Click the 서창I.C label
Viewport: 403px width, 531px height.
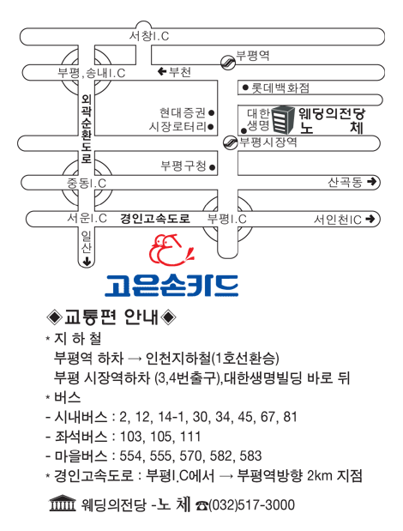(149, 36)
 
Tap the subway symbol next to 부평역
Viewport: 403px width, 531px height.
(228, 63)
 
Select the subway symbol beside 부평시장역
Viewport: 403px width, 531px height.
(231, 142)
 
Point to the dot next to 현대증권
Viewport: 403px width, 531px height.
(212, 112)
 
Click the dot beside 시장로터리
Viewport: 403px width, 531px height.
(210, 127)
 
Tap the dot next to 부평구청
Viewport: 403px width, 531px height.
(212, 167)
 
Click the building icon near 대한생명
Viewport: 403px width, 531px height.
(284, 119)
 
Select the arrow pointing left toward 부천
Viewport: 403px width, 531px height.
(162, 71)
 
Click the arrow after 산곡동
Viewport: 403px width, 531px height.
(371, 182)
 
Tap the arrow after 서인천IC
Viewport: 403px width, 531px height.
(370, 219)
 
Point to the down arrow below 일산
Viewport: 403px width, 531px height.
(87, 261)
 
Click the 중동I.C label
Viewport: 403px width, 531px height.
(87, 184)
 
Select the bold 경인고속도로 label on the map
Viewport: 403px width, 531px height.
(155, 219)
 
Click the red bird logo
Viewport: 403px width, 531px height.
(171, 250)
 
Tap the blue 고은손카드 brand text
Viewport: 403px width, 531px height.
(171, 286)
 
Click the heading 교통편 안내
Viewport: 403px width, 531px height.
(111, 317)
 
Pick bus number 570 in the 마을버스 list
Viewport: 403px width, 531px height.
(191, 456)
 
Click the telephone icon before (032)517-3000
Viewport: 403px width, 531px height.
(202, 505)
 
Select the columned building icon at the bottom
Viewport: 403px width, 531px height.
(63, 504)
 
